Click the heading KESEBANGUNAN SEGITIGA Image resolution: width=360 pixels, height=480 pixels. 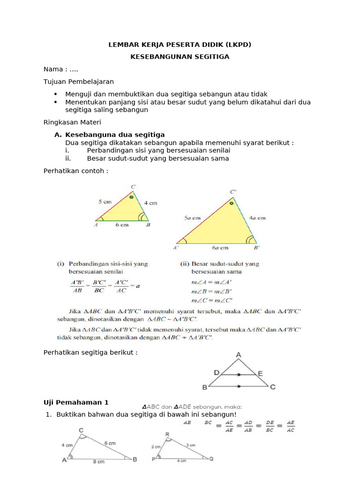pos(180,57)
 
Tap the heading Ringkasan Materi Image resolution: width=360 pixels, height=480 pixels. pos(69,122)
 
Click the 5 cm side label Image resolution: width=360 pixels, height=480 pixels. pos(105,202)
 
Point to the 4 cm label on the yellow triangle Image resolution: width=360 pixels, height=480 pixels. pos(150,203)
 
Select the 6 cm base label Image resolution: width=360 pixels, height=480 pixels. pos(121,225)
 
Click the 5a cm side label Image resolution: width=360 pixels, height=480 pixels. pos(192,218)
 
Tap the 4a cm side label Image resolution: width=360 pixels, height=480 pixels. pos(257,218)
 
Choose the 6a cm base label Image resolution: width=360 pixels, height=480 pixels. pos(220,247)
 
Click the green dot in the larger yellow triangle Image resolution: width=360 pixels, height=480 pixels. pos(231,204)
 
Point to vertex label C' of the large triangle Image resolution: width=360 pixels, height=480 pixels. pos(233,192)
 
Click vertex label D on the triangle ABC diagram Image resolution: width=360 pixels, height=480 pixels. pos(217,372)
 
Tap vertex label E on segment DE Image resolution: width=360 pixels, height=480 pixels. pos(260,373)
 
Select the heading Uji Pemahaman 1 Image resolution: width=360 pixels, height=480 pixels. pos(75,402)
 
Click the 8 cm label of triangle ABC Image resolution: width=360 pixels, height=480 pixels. pos(98,462)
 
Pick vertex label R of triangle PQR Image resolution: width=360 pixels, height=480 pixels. pos(167,435)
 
